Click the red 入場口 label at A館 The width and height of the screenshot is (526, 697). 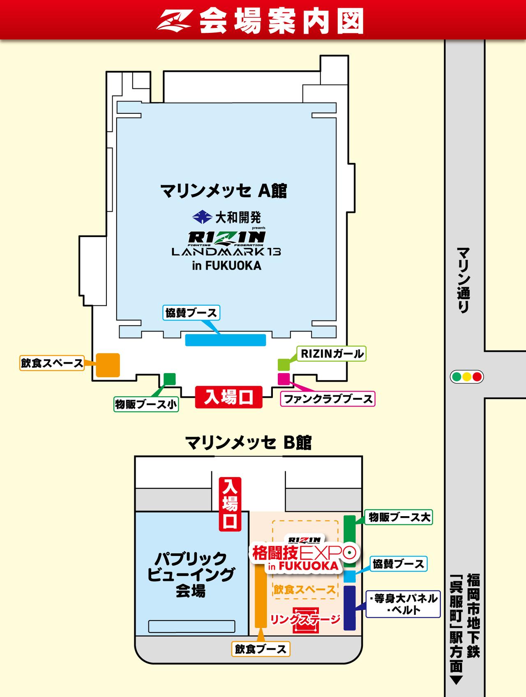(228, 397)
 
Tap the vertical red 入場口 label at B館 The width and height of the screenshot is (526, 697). (230, 504)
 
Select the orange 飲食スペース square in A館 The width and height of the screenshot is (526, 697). (108, 365)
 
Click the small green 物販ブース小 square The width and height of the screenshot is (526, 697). (170, 379)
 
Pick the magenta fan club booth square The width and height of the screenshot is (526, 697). (284, 379)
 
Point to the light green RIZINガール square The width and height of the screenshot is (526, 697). (284, 364)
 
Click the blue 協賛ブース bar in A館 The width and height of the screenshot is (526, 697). (225, 340)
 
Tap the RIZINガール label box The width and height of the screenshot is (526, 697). (332, 353)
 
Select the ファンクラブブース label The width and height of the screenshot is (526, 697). (328, 399)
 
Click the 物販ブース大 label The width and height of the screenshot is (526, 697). (399, 517)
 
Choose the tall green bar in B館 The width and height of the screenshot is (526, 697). (349, 540)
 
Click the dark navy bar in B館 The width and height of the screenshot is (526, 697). (349, 608)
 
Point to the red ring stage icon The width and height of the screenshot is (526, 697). (306, 620)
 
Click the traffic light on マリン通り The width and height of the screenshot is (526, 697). (467, 376)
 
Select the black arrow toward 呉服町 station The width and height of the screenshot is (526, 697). (456, 680)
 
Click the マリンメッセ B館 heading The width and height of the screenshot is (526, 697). (248, 443)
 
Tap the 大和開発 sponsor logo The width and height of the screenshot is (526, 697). (227, 217)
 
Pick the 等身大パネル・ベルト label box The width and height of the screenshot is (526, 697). (403, 604)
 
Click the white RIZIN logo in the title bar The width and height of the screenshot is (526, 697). (174, 20)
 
